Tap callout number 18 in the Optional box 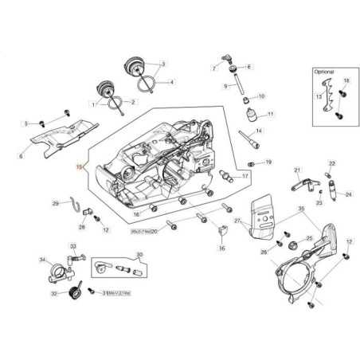pos(346,81)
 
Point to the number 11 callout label pos(270,115)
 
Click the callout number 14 pos(259,131)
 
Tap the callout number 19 pos(268,162)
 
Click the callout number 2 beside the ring pos(133,102)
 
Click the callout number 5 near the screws pos(25,123)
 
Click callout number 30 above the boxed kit pos(140,255)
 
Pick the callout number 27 pos(237,220)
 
